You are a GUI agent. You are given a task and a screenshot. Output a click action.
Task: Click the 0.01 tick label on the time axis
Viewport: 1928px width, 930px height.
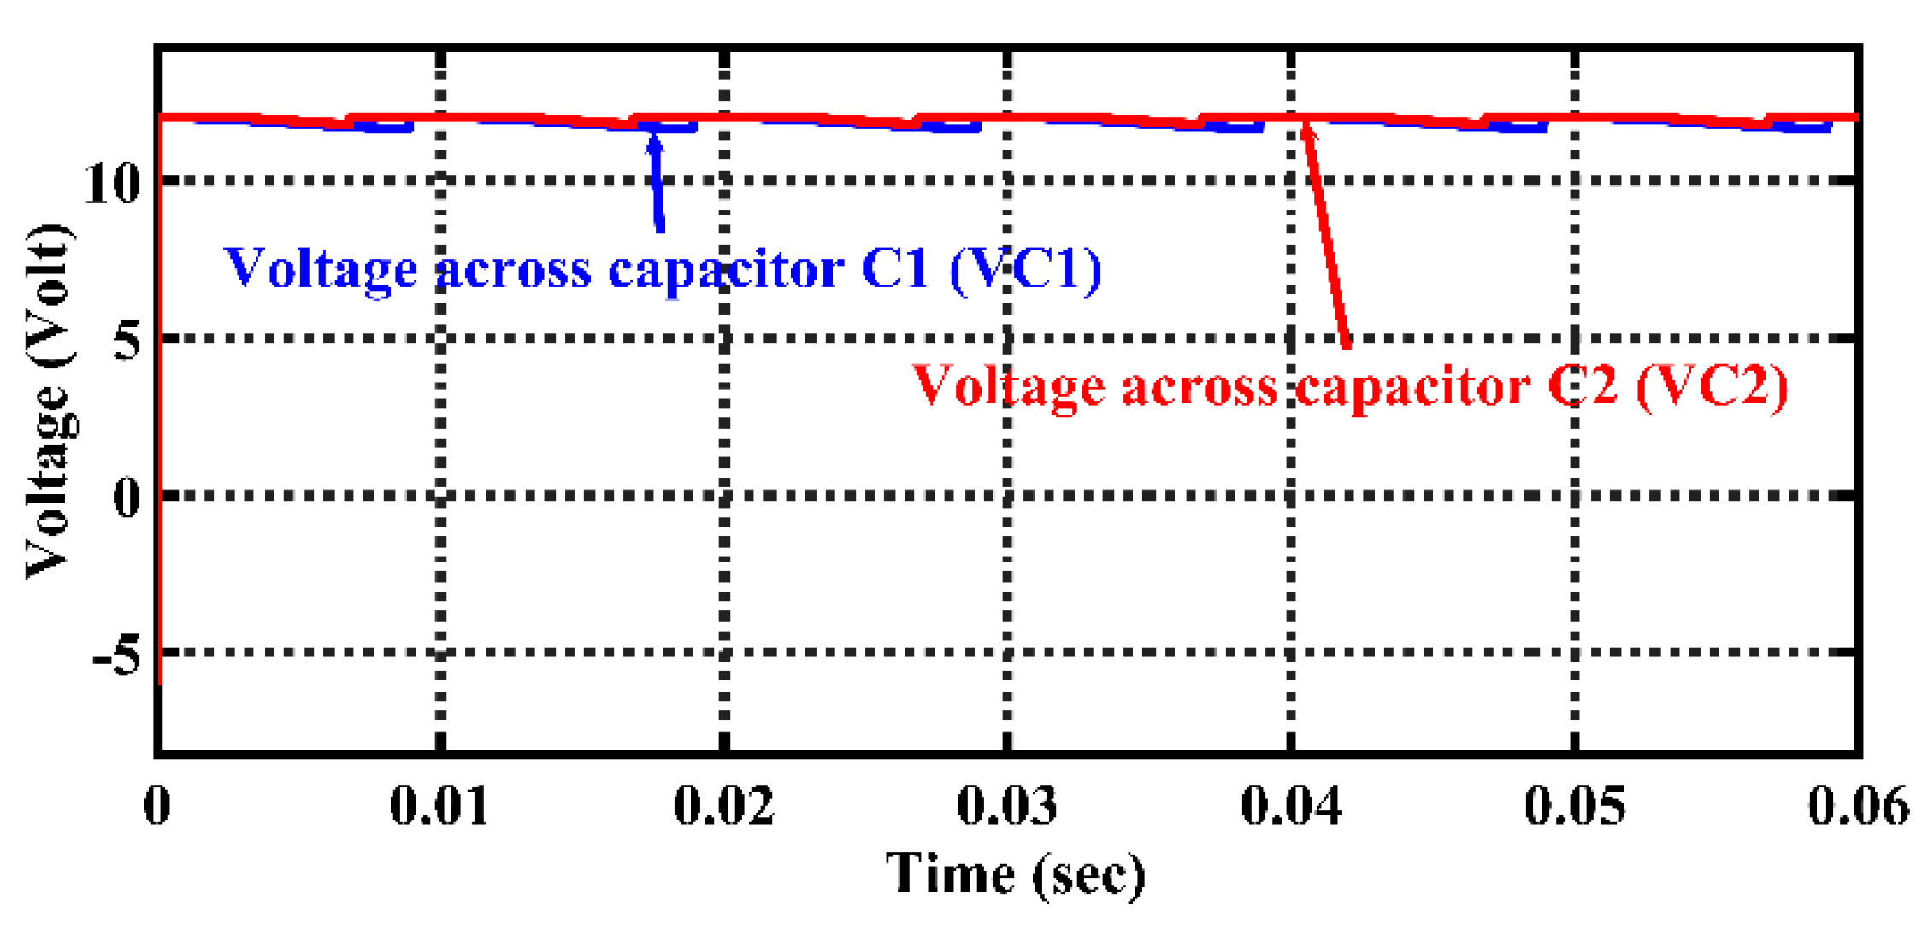(x=439, y=805)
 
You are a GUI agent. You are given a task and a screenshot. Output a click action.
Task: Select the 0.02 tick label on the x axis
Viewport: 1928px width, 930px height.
(x=723, y=805)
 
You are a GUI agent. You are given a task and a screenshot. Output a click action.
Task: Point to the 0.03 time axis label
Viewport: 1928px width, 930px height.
(x=1007, y=805)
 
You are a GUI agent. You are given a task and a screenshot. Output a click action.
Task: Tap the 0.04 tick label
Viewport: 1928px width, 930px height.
(x=1291, y=805)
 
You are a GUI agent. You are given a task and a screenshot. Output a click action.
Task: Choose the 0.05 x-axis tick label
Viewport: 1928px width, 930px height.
(x=1575, y=805)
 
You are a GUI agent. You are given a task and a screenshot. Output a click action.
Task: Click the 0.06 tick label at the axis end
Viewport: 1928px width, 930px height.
(x=1858, y=805)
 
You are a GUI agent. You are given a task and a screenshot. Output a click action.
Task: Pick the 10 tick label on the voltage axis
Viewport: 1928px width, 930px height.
(x=112, y=182)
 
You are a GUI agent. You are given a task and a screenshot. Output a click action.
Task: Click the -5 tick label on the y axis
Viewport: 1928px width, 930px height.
(x=116, y=655)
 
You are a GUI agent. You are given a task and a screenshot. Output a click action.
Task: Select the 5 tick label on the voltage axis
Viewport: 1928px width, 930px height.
(x=127, y=340)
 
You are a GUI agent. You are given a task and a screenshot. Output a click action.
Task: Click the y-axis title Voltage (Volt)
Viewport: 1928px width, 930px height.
(x=48, y=402)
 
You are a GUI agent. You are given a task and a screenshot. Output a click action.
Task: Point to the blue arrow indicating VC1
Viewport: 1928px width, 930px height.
(x=657, y=184)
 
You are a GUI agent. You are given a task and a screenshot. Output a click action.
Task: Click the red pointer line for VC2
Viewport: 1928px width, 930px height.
(x=1327, y=235)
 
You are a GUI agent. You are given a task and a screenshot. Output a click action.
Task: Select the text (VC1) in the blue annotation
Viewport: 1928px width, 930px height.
(x=1026, y=270)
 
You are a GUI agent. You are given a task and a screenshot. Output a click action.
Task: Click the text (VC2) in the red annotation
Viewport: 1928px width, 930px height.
(x=1712, y=387)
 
